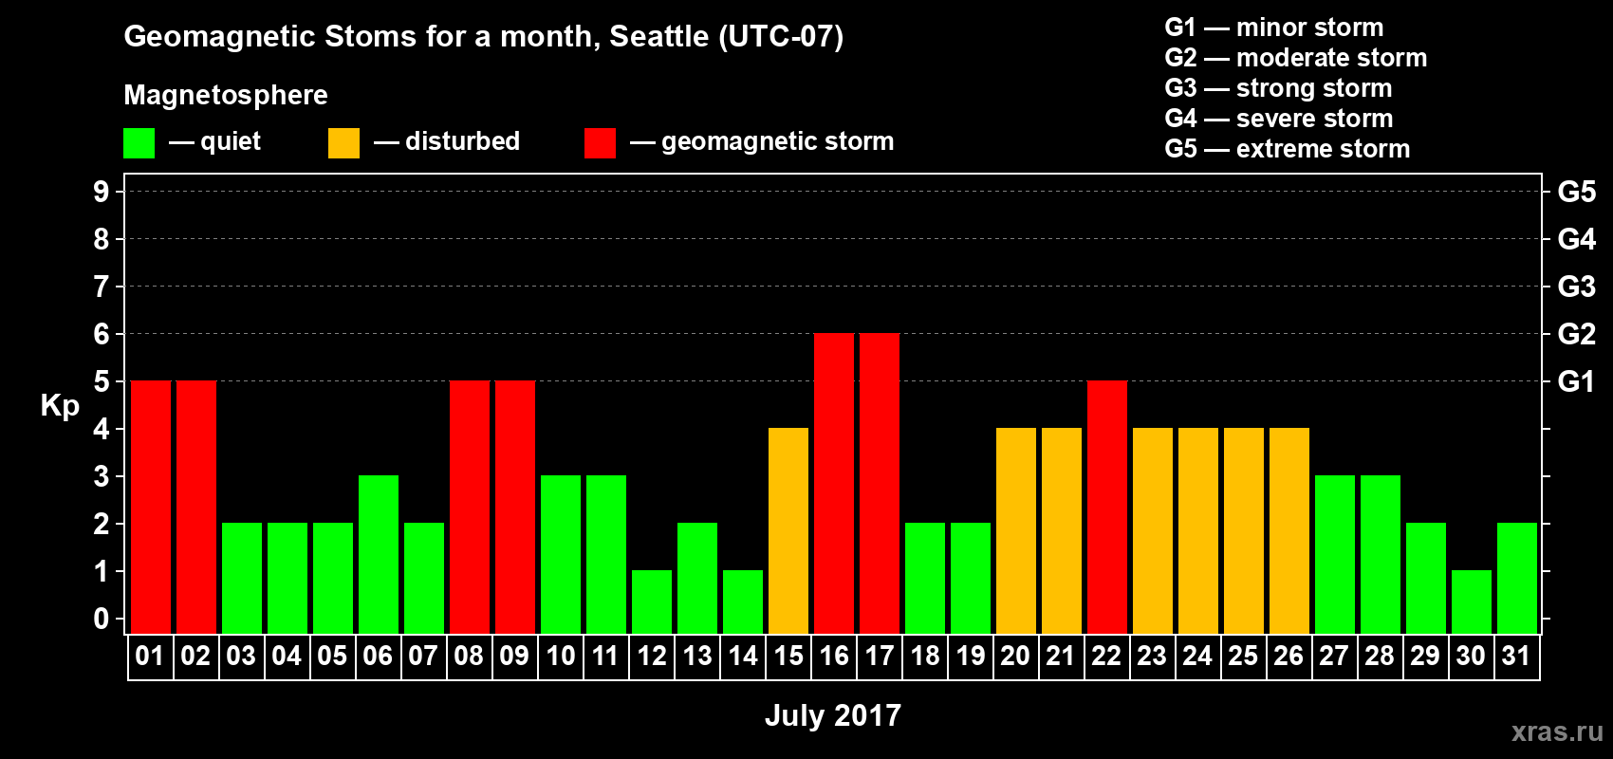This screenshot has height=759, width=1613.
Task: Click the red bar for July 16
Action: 834,483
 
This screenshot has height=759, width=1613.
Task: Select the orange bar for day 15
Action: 788,530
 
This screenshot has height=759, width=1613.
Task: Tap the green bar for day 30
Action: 1472,602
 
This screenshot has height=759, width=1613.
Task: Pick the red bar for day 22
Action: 1107,507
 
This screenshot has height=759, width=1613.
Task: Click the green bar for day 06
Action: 379,554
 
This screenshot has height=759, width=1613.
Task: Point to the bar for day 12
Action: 652,602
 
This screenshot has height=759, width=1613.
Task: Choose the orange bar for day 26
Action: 1289,530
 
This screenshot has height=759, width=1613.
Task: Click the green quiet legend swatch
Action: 139,142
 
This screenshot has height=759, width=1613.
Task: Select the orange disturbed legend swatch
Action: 343,142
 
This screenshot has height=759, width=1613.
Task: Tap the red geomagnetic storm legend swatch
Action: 601,142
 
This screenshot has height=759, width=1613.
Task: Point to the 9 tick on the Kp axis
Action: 101,192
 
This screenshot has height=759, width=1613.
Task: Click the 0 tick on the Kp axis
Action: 101,619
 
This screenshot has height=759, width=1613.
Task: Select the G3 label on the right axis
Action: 1577,287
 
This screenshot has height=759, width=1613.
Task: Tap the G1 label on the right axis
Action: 1577,381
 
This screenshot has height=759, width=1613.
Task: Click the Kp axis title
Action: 60,406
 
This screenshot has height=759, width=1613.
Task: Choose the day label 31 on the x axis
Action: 1516,656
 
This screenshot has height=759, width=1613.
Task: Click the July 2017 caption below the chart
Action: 833,715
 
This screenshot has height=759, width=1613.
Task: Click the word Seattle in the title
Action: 658,36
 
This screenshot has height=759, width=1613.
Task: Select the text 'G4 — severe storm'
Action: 1279,118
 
